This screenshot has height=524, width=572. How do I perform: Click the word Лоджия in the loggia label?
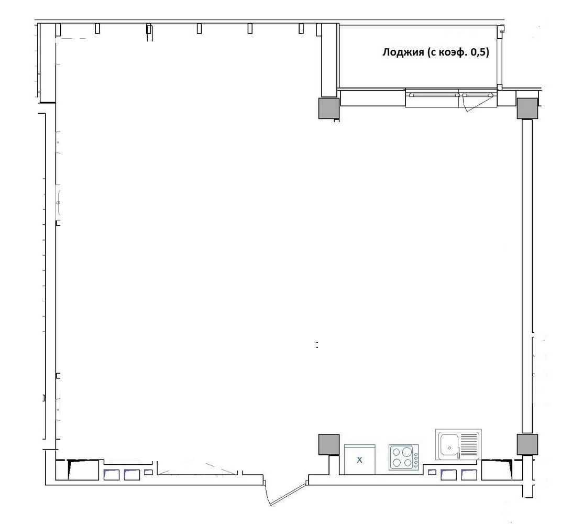[403, 52]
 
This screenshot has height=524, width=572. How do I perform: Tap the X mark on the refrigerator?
[359, 460]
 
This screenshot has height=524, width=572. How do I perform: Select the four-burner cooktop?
[403, 457]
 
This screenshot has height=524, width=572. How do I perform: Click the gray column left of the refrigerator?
[328, 444]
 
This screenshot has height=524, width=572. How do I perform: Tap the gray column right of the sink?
[527, 444]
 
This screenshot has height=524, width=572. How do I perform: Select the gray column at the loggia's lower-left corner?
[328, 108]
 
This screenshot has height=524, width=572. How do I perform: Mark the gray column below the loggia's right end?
[527, 108]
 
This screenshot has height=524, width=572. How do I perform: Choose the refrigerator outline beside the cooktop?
[360, 460]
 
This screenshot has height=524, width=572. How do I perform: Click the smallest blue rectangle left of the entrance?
[148, 473]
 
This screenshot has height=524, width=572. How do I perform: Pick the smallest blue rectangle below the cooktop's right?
[432, 473]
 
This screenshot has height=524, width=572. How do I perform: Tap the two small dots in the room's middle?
[317, 345]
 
